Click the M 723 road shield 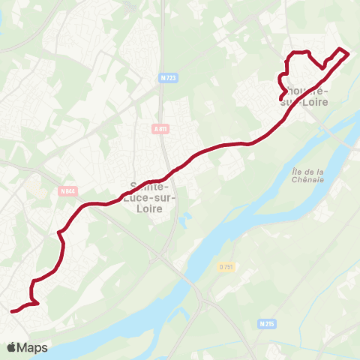167,77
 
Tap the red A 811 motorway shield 160,128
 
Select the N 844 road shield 67,191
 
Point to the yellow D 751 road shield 227,267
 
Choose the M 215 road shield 265,323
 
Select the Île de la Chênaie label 307,175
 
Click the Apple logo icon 12,347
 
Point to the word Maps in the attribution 33,347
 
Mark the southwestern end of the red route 12,310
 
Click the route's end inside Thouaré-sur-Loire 280,100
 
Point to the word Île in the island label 295,172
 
